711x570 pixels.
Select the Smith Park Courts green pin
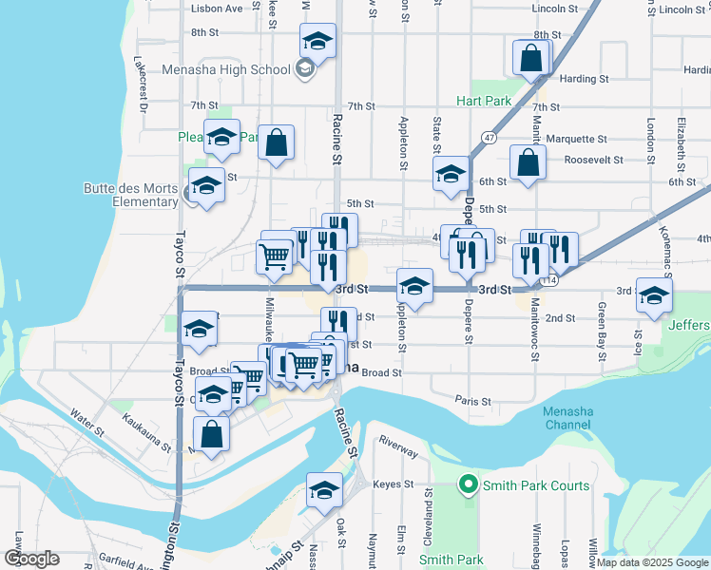click(x=467, y=485)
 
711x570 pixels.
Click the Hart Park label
click(x=484, y=101)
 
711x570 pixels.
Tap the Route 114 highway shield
click(x=548, y=281)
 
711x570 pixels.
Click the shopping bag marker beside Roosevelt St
click(x=528, y=162)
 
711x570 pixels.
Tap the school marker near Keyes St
click(x=324, y=490)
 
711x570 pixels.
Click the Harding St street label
click(x=584, y=79)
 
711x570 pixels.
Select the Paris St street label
click(x=472, y=401)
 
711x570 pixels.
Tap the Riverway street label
click(x=398, y=448)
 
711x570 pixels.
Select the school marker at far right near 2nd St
click(x=654, y=296)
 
